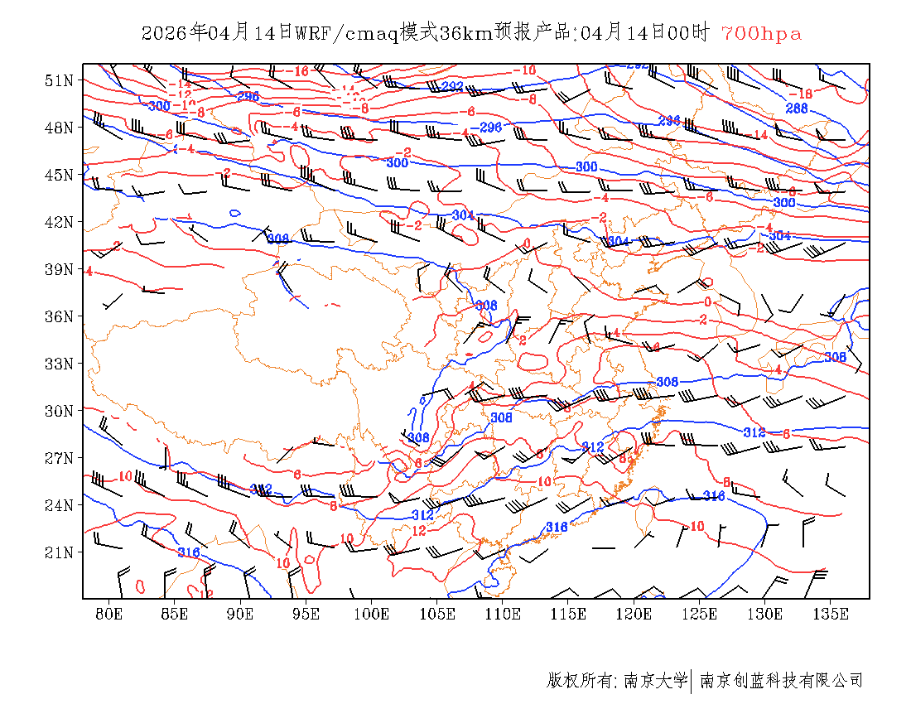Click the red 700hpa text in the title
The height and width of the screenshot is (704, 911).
[x=761, y=34]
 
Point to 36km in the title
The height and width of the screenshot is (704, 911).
[x=466, y=34]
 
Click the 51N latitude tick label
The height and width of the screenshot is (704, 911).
[x=59, y=80]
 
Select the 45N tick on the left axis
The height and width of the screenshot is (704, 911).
[x=59, y=175]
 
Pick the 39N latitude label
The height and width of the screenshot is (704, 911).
[x=59, y=269]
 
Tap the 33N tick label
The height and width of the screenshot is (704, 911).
[x=59, y=364]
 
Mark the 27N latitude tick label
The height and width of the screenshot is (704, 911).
[x=59, y=458]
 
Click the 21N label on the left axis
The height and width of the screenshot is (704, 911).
[x=59, y=552]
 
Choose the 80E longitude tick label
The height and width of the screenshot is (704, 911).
[x=108, y=614]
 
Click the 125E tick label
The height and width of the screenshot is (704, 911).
[x=700, y=614]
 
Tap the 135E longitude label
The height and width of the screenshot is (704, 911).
[x=831, y=614]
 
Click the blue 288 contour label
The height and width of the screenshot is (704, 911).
[x=796, y=108]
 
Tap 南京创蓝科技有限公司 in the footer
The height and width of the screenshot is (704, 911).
[x=781, y=681]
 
